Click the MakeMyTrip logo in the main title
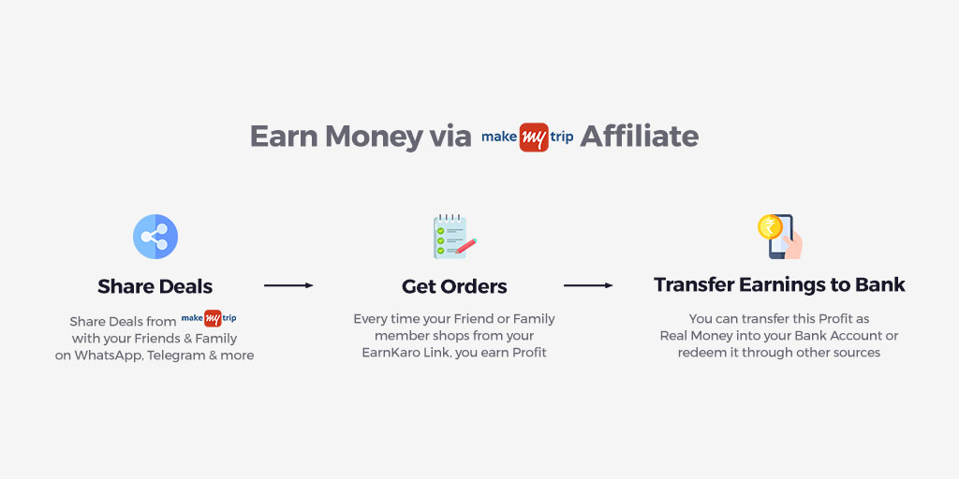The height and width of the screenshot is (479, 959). [527, 137]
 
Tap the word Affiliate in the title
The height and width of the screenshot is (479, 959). [639, 137]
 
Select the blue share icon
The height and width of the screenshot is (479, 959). [155, 237]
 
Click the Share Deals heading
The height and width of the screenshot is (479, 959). [155, 286]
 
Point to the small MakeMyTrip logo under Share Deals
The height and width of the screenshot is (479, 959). [209, 319]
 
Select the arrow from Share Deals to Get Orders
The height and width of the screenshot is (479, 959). [288, 285]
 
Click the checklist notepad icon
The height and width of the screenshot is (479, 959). [453, 237]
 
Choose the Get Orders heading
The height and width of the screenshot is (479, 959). [454, 286]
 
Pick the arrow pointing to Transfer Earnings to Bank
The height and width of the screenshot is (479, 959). [588, 285]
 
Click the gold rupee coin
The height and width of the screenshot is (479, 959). [770, 227]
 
